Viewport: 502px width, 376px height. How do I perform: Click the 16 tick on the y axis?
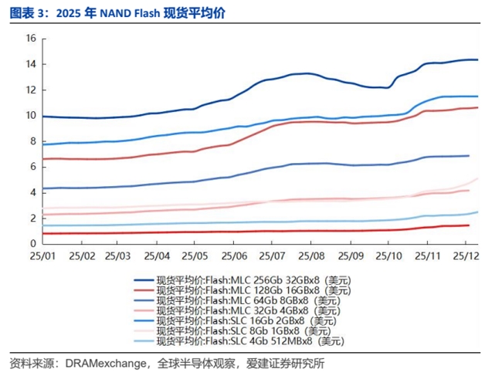pyautogui.click(x=30, y=38)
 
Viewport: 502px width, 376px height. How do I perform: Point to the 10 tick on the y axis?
pyautogui.click(x=30, y=115)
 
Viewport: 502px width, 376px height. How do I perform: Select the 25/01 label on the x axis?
pyautogui.click(x=42, y=255)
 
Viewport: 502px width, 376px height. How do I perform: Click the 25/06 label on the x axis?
pyautogui.click(x=234, y=255)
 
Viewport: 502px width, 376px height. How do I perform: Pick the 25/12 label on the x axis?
pyautogui.click(x=464, y=255)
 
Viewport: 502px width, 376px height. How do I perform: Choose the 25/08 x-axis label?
pyautogui.click(x=310, y=255)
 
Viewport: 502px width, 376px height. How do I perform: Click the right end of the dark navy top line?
pyautogui.click(x=477, y=59)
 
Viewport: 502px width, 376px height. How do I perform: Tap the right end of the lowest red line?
pyautogui.click(x=469, y=225)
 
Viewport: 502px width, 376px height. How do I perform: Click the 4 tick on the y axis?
pyautogui.click(x=32, y=192)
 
